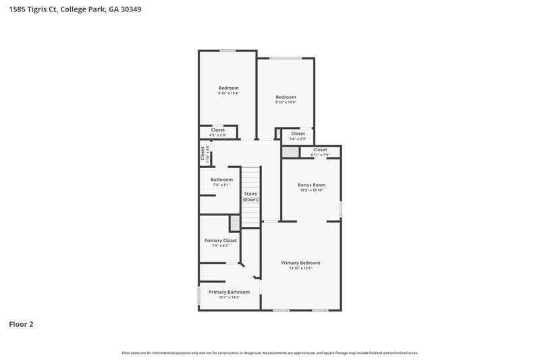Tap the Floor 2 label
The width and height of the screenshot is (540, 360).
click(x=21, y=324)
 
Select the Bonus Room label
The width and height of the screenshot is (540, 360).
click(x=312, y=184)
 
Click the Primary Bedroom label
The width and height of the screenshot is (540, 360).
click(x=300, y=263)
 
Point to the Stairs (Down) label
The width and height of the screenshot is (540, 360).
click(x=250, y=197)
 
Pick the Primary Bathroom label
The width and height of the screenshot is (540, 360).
click(x=229, y=292)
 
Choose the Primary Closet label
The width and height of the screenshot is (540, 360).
click(x=221, y=240)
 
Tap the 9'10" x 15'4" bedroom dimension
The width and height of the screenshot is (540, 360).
click(x=228, y=93)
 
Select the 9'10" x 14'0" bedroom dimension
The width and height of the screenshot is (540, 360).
click(x=286, y=102)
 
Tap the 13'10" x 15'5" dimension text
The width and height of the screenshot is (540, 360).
click(x=300, y=268)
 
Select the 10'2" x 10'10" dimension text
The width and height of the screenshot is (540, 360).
click(x=312, y=190)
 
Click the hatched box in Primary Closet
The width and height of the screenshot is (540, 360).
click(x=235, y=223)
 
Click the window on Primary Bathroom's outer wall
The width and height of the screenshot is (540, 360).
click(x=198, y=295)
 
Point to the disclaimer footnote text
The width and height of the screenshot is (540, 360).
click(x=269, y=353)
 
